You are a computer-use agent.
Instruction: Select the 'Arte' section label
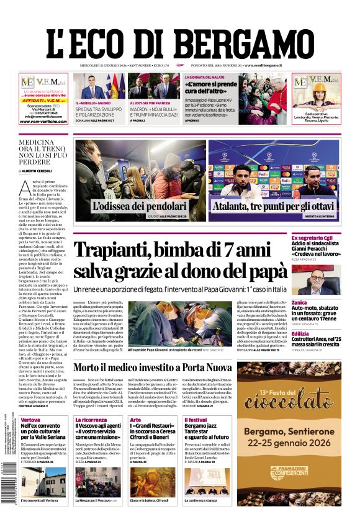135,420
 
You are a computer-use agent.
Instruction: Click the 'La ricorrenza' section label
91,420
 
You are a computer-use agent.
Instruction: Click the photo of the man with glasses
325,279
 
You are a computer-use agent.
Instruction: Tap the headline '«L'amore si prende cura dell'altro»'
212,88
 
